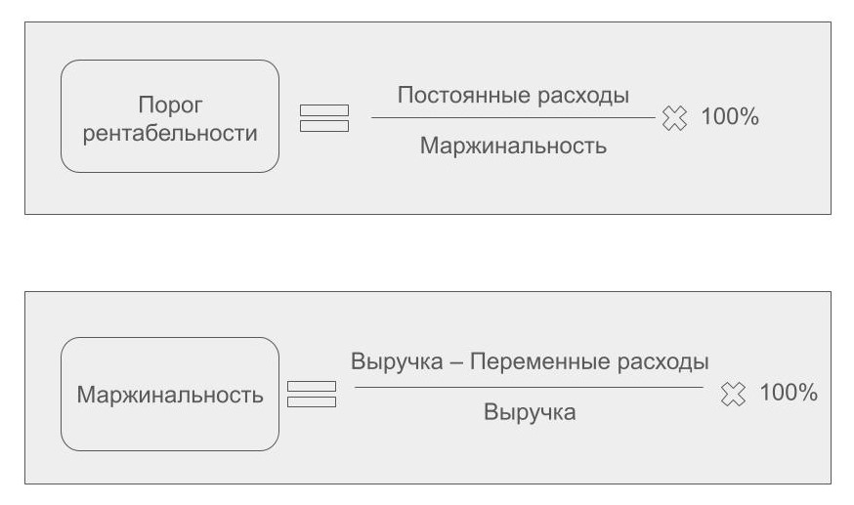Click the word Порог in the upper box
click(170, 104)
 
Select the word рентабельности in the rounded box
click(170, 132)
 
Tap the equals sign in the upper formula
click(323, 117)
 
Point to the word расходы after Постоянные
click(584, 96)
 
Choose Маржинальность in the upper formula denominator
click(513, 146)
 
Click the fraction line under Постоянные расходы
click(513, 118)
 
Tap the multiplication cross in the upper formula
click(674, 118)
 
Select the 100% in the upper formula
click(730, 117)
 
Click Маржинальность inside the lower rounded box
click(170, 395)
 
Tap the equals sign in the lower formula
click(312, 395)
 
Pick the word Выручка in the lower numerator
click(397, 361)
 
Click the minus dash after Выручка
click(455, 362)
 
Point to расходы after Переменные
click(663, 361)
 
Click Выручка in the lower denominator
click(530, 412)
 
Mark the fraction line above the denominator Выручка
click(529, 387)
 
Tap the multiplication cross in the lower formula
click(733, 394)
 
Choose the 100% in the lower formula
click(788, 393)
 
